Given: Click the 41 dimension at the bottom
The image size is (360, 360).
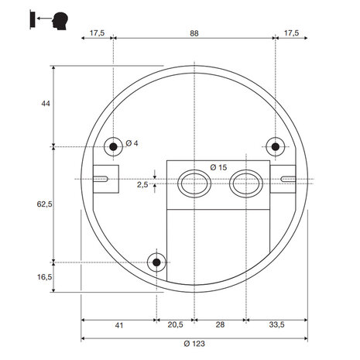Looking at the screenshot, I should (118, 326).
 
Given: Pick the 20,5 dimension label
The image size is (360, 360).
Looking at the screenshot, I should (176, 326).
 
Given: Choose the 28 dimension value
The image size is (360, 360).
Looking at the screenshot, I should (220, 326).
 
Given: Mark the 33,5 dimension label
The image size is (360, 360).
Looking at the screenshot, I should (277, 326).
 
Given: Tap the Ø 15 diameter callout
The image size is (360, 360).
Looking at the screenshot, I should (218, 167).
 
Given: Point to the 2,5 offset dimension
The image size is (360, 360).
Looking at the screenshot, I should (142, 185).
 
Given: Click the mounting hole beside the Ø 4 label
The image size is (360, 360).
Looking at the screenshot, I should (114, 146).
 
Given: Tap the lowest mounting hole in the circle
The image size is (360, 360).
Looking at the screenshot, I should (158, 262).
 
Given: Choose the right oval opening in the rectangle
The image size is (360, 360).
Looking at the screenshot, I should (245, 183).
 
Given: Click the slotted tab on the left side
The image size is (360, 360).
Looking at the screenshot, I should (105, 177).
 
